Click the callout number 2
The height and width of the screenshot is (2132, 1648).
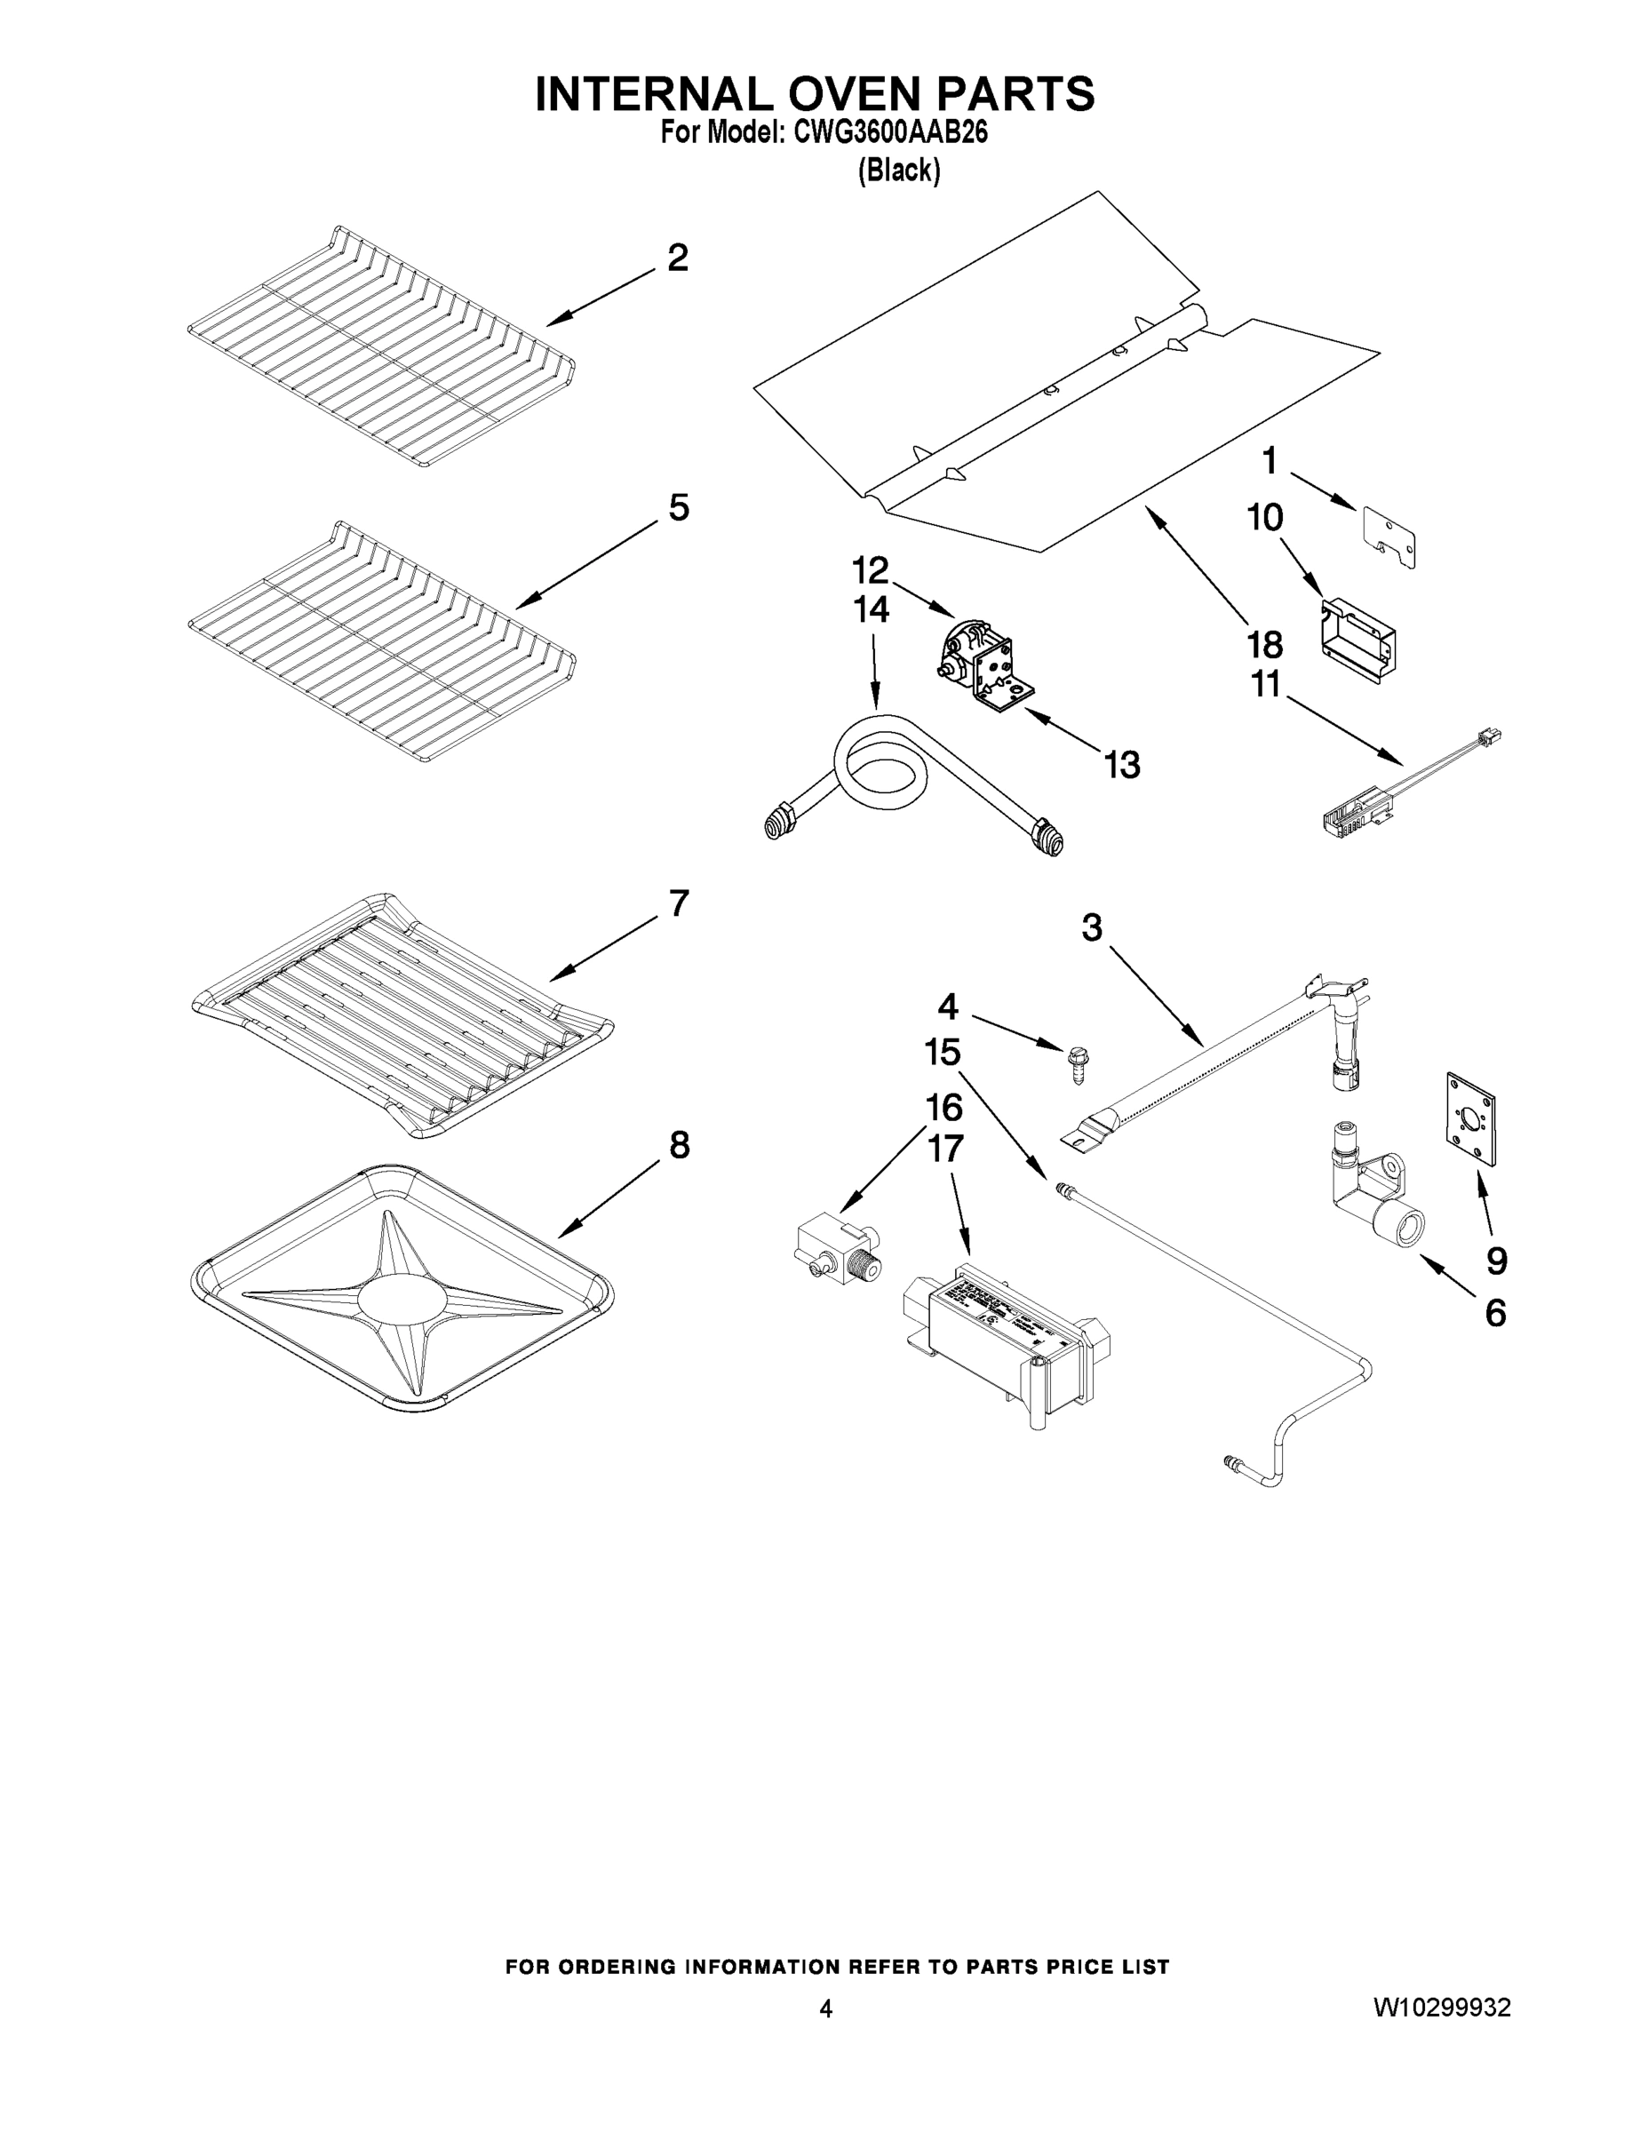[678, 258]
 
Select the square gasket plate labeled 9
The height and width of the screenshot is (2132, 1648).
[1472, 1117]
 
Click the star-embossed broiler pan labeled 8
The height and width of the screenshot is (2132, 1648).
[402, 1286]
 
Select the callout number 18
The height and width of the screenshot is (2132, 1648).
[1264, 644]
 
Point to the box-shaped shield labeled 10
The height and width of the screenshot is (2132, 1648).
[1357, 640]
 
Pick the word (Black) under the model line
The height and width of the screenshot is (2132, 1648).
[898, 171]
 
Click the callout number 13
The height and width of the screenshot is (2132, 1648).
[1122, 766]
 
